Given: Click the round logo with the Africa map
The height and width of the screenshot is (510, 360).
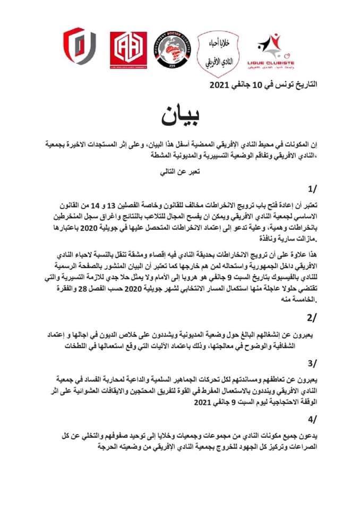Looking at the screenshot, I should pyautogui.click(x=170, y=54).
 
